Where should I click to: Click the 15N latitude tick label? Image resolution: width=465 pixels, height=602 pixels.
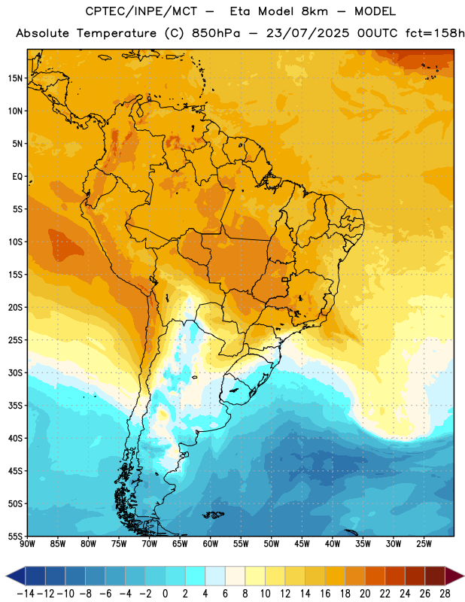pyautogui.click(x=15, y=78)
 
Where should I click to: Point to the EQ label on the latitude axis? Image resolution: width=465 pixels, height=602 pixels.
pyautogui.click(x=17, y=177)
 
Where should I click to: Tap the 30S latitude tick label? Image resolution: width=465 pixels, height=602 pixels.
pyautogui.click(x=15, y=372)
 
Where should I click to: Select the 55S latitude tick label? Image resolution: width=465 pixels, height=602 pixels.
pyautogui.click(x=15, y=536)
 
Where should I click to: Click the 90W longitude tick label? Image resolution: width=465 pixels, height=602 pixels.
pyautogui.click(x=27, y=544)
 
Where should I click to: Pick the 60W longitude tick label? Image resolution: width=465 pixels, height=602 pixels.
pyautogui.click(x=211, y=544)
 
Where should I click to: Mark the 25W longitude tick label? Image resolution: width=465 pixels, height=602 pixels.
pyautogui.click(x=424, y=544)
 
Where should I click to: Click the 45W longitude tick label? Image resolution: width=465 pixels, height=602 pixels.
pyautogui.click(x=302, y=544)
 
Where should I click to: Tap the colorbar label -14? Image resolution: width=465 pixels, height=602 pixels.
pyautogui.click(x=26, y=594)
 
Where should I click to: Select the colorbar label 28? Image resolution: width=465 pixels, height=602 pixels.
pyautogui.click(x=445, y=594)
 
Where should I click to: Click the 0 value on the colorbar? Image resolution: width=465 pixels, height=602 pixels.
pyautogui.click(x=166, y=594)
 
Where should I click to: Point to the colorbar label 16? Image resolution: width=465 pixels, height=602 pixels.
pyautogui.click(x=325, y=594)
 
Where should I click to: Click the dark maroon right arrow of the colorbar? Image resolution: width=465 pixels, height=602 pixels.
pyautogui.click(x=454, y=576)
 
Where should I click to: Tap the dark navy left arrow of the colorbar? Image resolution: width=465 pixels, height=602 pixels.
pyautogui.click(x=16, y=576)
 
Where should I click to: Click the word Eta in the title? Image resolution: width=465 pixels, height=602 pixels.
pyautogui.click(x=240, y=11)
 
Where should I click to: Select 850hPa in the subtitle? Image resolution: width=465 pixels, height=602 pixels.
pyautogui.click(x=216, y=33)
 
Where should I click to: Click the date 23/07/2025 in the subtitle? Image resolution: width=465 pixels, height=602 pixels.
pyautogui.click(x=308, y=33)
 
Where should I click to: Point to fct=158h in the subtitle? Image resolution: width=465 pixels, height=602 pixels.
pyautogui.click(x=435, y=33)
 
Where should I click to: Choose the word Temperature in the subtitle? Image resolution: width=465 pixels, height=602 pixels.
pyautogui.click(x=117, y=34)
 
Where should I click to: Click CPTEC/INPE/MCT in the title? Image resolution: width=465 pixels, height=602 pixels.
pyautogui.click(x=141, y=11)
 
